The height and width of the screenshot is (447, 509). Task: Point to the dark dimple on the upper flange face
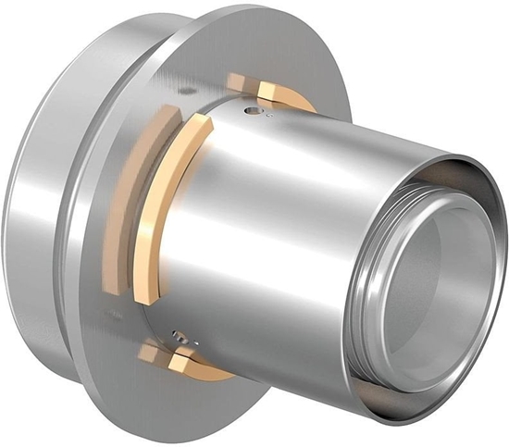(189, 90)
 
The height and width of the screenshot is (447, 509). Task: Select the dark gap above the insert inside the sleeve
(435, 194)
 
